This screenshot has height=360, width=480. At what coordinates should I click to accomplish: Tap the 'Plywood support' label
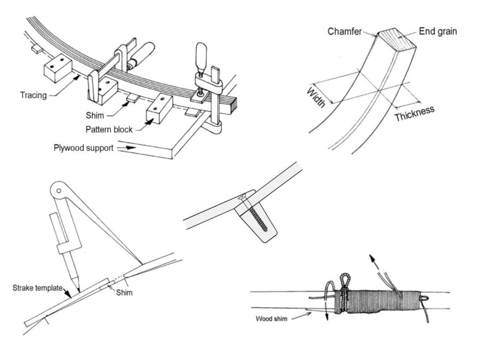click(x=83, y=147)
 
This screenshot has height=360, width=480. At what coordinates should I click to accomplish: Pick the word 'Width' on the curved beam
click(x=316, y=98)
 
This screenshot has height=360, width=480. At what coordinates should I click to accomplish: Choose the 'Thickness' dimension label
click(x=414, y=114)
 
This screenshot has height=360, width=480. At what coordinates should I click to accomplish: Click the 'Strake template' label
click(x=36, y=289)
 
